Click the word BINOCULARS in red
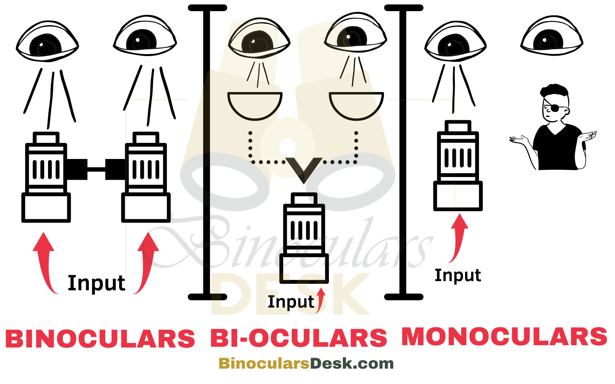[x=100, y=339]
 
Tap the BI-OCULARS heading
[x=299, y=338]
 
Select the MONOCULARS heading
[x=504, y=336]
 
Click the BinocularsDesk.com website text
[x=306, y=363]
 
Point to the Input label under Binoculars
[x=96, y=283]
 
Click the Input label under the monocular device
[x=457, y=275]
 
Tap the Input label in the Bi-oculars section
[x=291, y=302]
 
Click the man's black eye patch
[x=554, y=109]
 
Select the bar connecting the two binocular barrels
[x=96, y=169]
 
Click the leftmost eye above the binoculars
[x=47, y=42]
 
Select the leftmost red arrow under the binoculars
[x=45, y=261]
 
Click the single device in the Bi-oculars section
[x=304, y=238]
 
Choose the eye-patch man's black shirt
[x=557, y=148]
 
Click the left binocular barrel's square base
[x=46, y=207]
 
